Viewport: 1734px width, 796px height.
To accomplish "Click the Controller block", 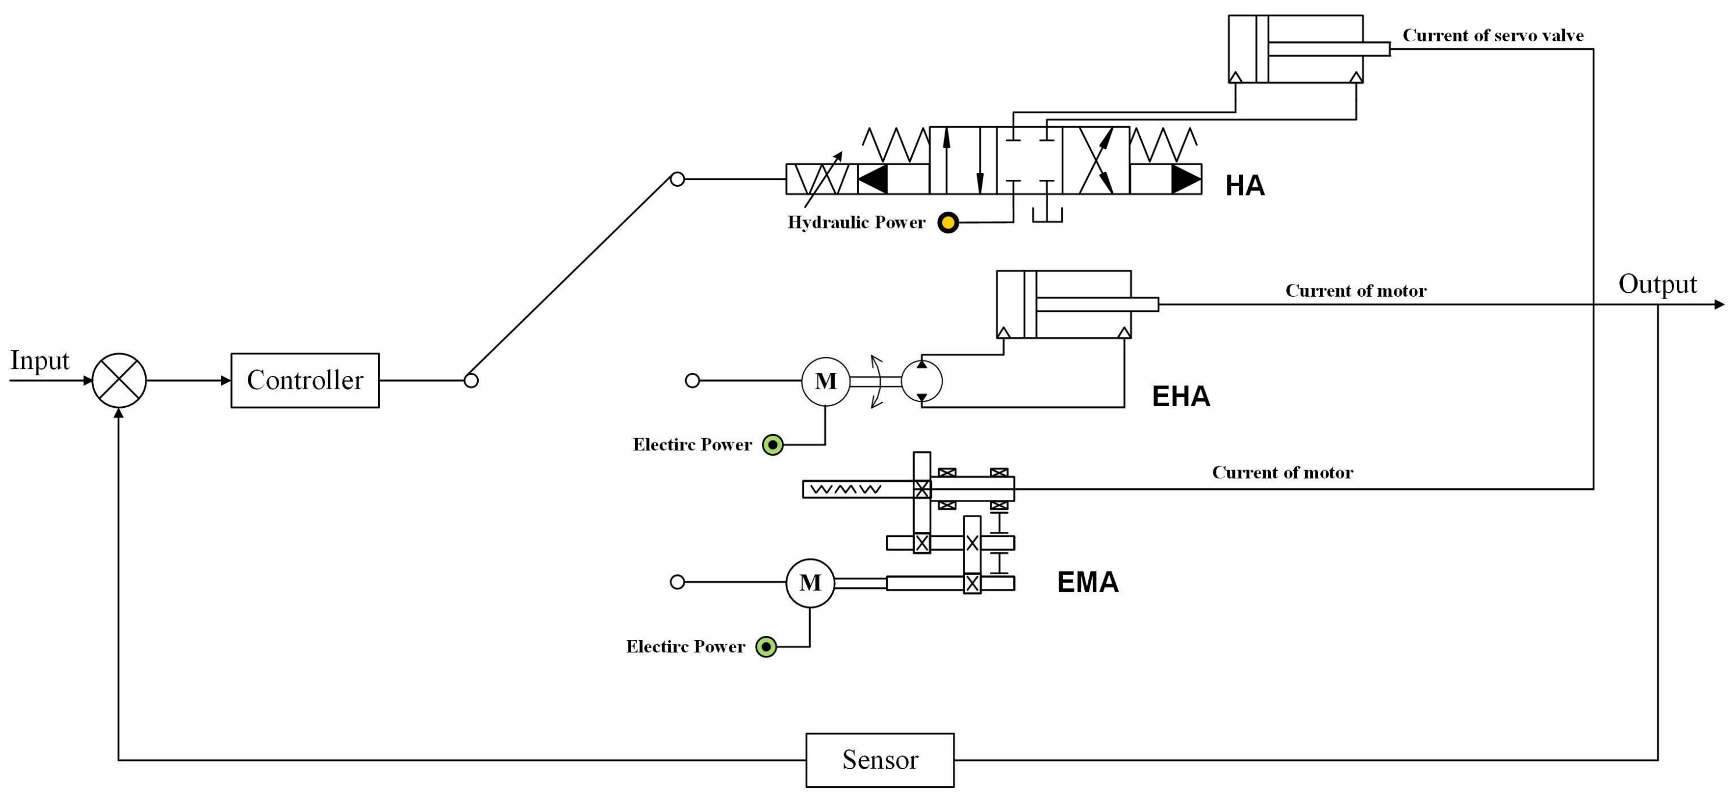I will pyautogui.click(x=305, y=380).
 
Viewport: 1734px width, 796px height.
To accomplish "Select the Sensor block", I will pyautogui.click(x=879, y=760).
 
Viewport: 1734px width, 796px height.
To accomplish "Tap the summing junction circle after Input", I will pyautogui.click(x=119, y=380).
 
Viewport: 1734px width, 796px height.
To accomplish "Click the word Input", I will pyautogui.click(x=40, y=360).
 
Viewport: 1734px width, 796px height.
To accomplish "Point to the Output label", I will pyautogui.click(x=1657, y=284).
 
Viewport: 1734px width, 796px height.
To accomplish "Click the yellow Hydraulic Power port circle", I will pyautogui.click(x=948, y=222).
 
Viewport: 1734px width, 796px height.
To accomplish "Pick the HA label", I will pyautogui.click(x=1244, y=186).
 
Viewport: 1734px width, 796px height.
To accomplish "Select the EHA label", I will pyautogui.click(x=1181, y=396).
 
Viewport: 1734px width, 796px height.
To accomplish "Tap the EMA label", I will pyautogui.click(x=1087, y=582).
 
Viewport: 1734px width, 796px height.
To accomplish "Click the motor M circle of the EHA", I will pyautogui.click(x=825, y=381).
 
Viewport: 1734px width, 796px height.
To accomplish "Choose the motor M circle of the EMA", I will pyautogui.click(x=810, y=582).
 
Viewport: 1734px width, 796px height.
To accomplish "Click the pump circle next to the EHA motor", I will pyautogui.click(x=921, y=381).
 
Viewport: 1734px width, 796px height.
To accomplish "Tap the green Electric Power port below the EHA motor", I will pyautogui.click(x=772, y=445).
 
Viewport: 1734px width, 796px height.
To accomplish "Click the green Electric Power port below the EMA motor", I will pyautogui.click(x=765, y=646).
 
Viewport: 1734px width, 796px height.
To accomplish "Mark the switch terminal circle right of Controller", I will pyautogui.click(x=471, y=381).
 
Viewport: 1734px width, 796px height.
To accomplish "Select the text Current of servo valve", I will pyautogui.click(x=1493, y=35).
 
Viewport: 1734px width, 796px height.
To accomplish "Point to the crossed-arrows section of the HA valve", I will pyautogui.click(x=1096, y=160).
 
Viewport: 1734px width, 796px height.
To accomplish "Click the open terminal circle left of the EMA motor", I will pyautogui.click(x=677, y=582).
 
